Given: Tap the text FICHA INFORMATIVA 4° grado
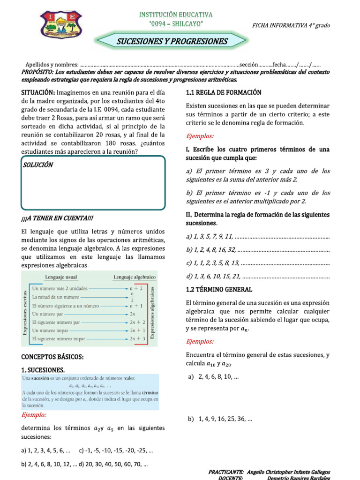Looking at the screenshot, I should [x=291, y=25].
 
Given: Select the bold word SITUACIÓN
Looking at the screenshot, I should [x=38, y=92].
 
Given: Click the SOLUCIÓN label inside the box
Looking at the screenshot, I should [x=38, y=165].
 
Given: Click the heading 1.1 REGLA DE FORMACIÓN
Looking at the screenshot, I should [x=224, y=92].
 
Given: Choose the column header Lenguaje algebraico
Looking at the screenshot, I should [x=135, y=277].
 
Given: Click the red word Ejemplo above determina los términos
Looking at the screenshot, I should [x=34, y=415].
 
